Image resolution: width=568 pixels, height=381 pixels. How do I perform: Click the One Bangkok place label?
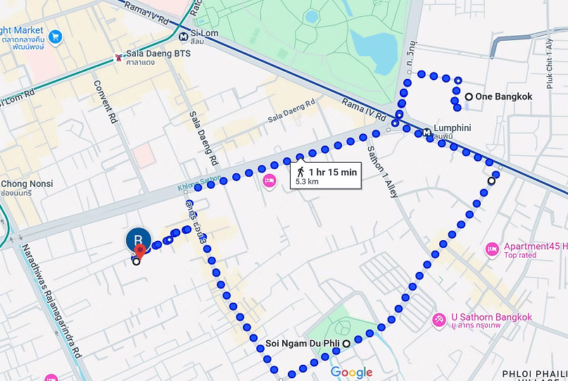pyautogui.click(x=503, y=96)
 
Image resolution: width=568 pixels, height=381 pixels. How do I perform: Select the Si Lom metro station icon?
pyautogui.click(x=183, y=37)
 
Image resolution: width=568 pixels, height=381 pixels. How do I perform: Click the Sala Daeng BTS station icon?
pyautogui.click(x=118, y=58)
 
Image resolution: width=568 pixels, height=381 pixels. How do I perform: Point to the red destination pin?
pyautogui.click(x=139, y=250)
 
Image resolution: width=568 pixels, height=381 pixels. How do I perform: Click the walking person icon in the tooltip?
pyautogui.click(x=301, y=172)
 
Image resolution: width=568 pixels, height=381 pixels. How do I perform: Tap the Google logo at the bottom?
pyautogui.click(x=351, y=373)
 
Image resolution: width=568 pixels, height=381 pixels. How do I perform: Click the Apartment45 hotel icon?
pyautogui.click(x=492, y=249)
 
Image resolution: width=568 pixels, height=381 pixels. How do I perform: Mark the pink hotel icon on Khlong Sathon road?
pyautogui.click(x=269, y=182)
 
